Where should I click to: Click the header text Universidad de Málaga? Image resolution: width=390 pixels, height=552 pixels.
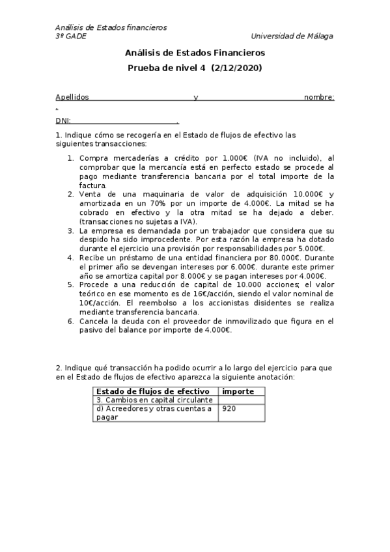pos(292,36)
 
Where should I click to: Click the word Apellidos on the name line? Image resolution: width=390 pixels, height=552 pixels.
pos(72,98)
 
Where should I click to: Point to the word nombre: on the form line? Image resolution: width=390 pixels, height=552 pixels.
pos(319,98)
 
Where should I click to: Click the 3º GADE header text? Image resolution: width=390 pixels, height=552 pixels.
pos(71,36)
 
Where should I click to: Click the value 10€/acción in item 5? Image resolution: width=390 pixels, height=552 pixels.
pos(98,303)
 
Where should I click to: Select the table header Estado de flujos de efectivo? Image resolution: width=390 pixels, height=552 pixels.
pos(152,391)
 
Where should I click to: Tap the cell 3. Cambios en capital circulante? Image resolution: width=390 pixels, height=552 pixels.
pos(154,400)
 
